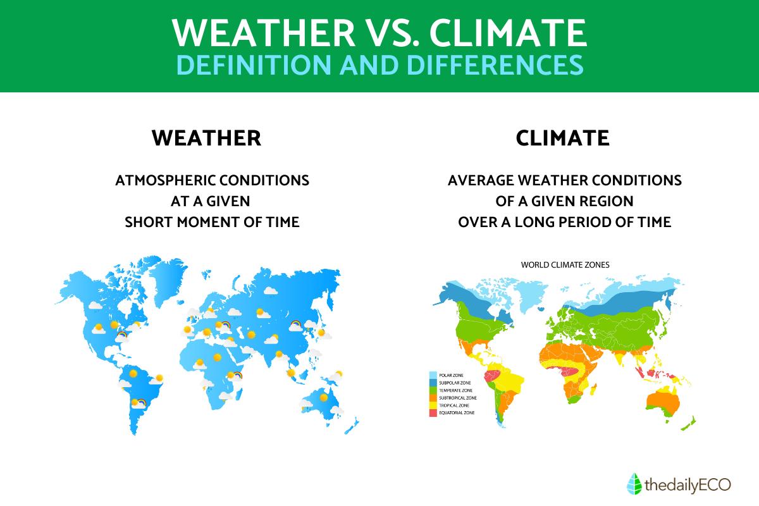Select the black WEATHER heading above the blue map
206,138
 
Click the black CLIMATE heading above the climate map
563,138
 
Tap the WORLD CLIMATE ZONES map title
565,265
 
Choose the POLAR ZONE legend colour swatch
433,375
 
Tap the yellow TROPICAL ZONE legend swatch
433,405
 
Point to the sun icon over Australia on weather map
324,397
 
